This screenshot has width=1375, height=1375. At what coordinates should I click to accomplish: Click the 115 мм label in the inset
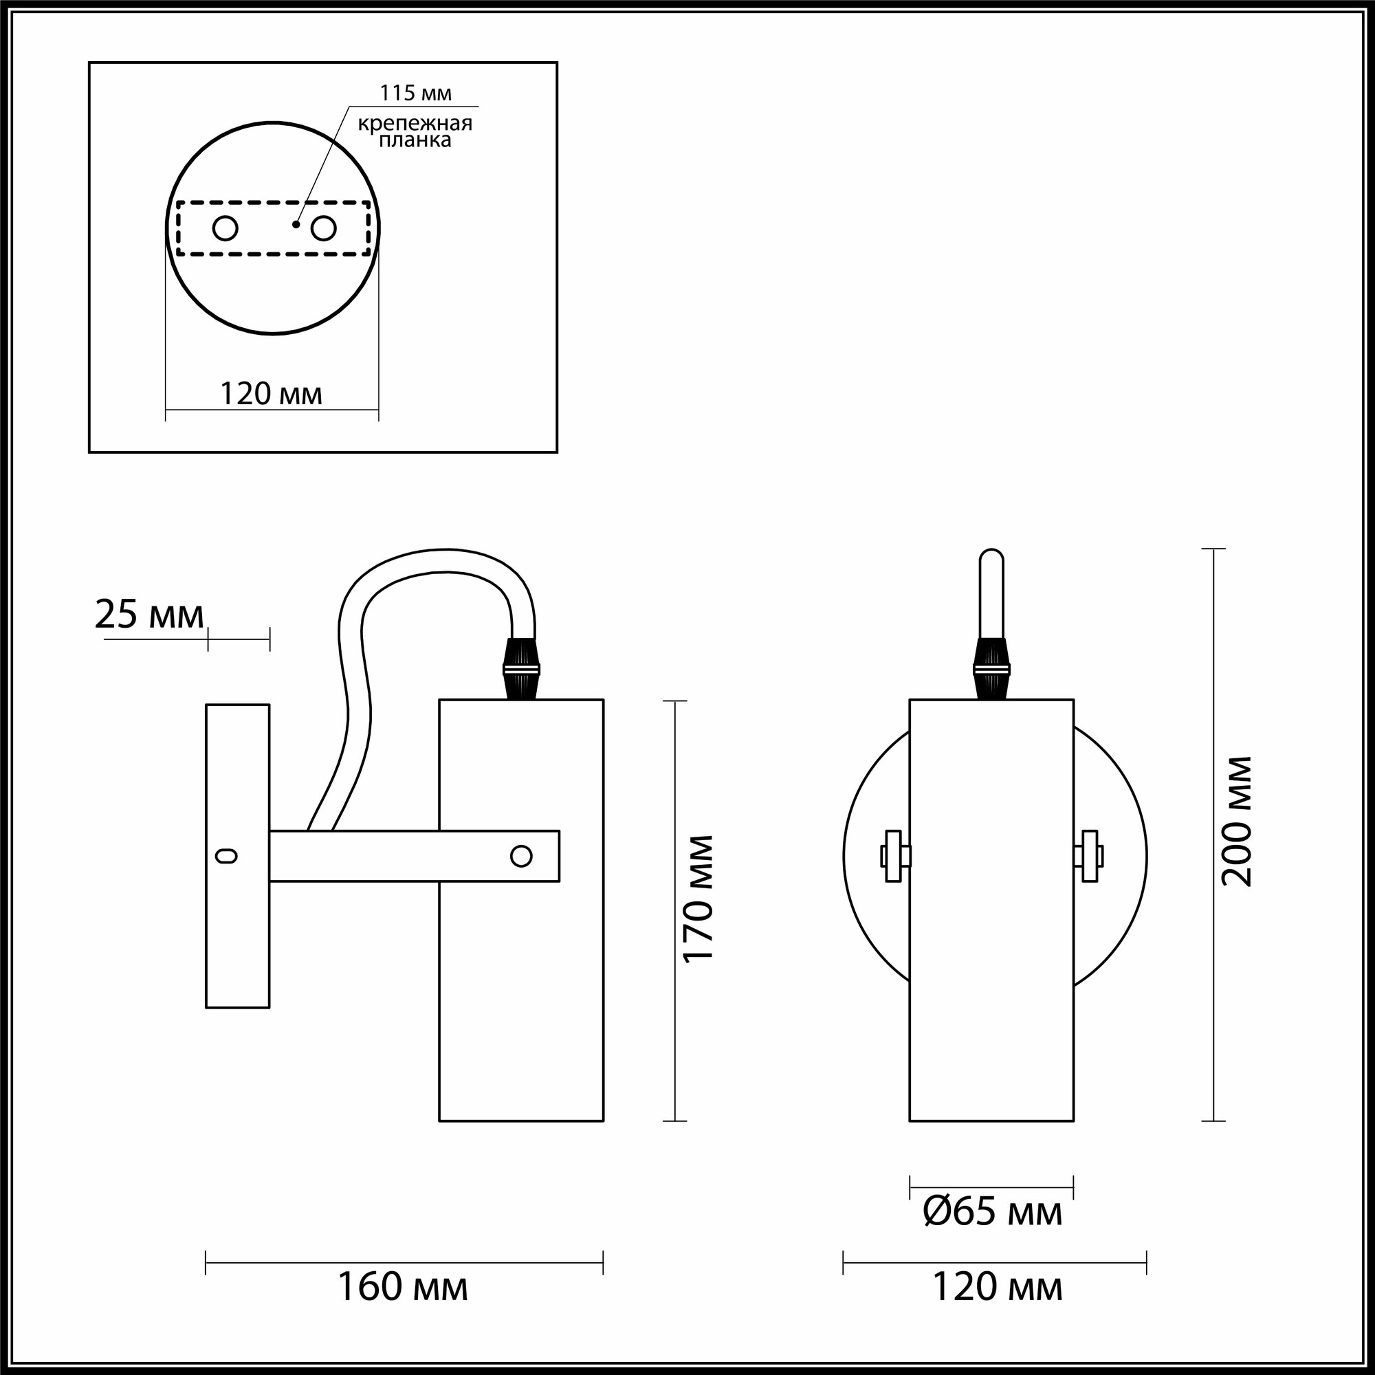(415, 93)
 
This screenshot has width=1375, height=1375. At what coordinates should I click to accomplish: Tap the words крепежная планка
(415, 132)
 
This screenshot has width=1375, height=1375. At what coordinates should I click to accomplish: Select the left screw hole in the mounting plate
(225, 229)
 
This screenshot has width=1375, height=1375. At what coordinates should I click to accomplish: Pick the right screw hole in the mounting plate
(323, 229)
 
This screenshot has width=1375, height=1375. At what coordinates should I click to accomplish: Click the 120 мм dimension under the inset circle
(271, 393)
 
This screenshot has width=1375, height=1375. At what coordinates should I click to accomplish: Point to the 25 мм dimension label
(148, 615)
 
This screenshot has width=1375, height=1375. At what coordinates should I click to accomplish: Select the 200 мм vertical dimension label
(1236, 821)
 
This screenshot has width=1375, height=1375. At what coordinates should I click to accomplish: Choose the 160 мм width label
(403, 1287)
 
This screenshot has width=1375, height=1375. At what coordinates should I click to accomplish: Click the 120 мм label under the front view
(996, 1287)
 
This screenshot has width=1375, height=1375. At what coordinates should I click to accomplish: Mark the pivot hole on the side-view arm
(522, 856)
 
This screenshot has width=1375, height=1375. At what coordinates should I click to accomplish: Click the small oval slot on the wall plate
(227, 856)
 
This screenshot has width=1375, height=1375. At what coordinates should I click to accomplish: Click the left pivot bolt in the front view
(894, 856)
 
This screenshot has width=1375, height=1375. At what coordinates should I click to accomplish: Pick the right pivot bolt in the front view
(1089, 856)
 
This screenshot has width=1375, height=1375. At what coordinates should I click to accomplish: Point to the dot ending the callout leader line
(296, 225)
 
